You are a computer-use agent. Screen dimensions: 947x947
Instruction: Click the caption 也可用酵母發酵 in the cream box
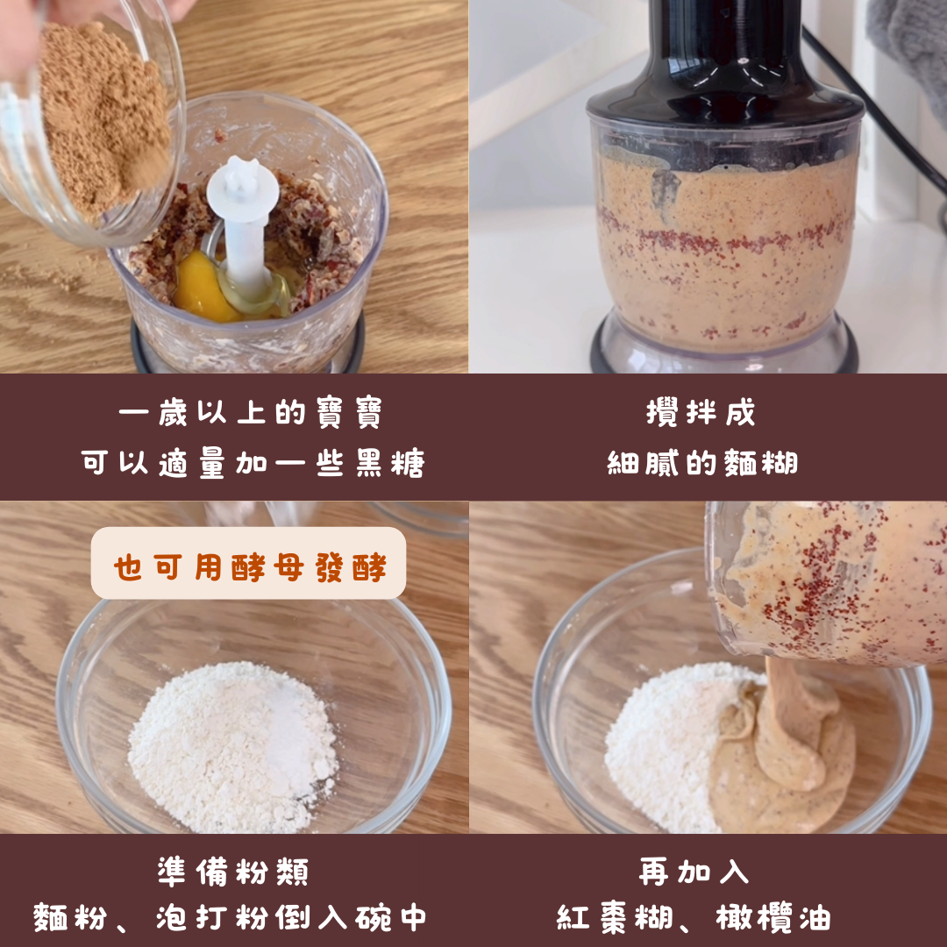249,567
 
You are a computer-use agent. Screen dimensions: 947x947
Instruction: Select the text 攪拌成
701,412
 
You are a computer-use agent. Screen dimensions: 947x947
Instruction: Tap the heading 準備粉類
233,872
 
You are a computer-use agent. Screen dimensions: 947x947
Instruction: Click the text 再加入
694,872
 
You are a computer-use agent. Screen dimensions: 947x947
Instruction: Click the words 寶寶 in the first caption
349,412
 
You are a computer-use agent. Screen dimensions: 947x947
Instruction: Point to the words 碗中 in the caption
390,918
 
